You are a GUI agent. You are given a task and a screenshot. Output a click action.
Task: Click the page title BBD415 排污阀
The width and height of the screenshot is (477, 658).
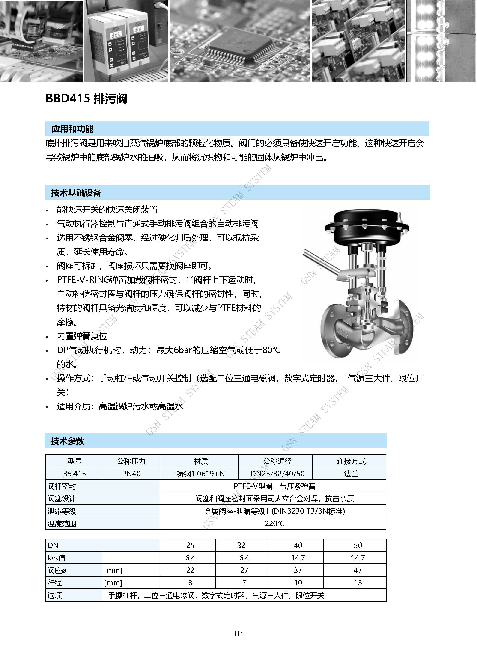(x=86, y=99)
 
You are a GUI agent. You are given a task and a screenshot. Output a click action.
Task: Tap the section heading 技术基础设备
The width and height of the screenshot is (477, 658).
(x=76, y=193)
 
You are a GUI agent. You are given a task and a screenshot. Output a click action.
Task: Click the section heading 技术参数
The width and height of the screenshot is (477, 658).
(x=67, y=441)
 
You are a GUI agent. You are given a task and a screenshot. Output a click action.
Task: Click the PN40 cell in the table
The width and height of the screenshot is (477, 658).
(x=131, y=474)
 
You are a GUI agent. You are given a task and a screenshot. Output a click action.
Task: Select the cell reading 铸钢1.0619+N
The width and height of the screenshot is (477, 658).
(x=201, y=474)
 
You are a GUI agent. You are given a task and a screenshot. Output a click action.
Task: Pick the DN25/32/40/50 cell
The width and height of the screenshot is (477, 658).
(x=277, y=474)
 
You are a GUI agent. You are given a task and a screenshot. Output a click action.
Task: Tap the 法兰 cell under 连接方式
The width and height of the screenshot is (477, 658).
(x=351, y=474)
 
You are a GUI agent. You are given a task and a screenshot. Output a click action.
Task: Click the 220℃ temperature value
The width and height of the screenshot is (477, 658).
(x=274, y=524)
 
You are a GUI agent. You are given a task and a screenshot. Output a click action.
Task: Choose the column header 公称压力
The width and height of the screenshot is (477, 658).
(x=131, y=461)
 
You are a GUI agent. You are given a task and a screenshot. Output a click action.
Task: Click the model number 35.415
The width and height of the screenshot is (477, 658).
(x=75, y=474)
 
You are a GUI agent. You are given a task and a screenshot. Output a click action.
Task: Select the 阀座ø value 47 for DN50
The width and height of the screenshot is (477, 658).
(x=358, y=570)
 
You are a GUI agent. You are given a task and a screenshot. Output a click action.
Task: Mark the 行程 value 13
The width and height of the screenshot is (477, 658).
(x=358, y=583)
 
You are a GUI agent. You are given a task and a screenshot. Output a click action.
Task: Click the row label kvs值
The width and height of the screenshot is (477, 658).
(x=57, y=558)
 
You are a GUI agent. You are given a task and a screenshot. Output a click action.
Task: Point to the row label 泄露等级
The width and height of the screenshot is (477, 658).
(x=62, y=511)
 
